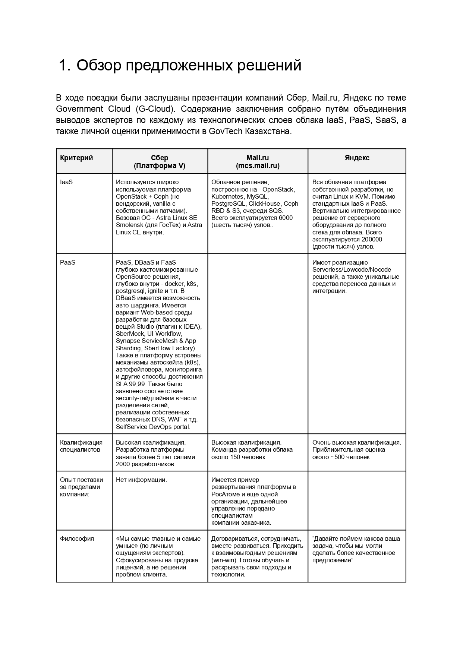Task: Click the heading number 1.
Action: coord(64,66)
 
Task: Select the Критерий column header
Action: coord(76,158)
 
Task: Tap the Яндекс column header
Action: coord(357,158)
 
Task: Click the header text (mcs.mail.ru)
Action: coord(258,165)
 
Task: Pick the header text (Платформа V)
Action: coord(160,165)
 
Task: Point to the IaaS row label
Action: coord(66,182)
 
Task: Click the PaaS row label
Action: coord(67,262)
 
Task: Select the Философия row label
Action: coord(77,538)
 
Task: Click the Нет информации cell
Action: coord(141,480)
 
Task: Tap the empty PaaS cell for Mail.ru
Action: coord(258,343)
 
